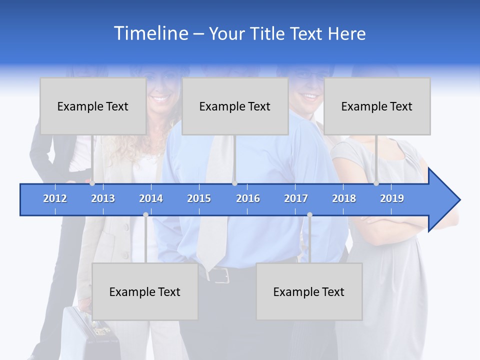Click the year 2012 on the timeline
pyautogui.click(x=55, y=198)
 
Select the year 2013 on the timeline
pyautogui.click(x=103, y=198)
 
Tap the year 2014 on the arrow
pyautogui.click(x=151, y=198)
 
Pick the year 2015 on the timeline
pyautogui.click(x=199, y=198)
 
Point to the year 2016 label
pyautogui.click(x=248, y=198)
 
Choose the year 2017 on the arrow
pyautogui.click(x=296, y=198)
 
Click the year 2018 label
pyautogui.click(x=344, y=198)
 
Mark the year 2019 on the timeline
pyautogui.click(x=392, y=198)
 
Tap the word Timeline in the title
pyautogui.click(x=150, y=33)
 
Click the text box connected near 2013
pyautogui.click(x=93, y=106)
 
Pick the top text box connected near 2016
pyautogui.click(x=235, y=106)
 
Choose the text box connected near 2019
pyautogui.click(x=377, y=106)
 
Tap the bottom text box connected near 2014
pyautogui.click(x=145, y=291)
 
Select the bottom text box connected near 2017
pyautogui.click(x=309, y=291)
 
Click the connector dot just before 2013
pyautogui.click(x=92, y=183)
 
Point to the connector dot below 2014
pyautogui.click(x=145, y=215)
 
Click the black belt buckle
pyautogui.click(x=220, y=274)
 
